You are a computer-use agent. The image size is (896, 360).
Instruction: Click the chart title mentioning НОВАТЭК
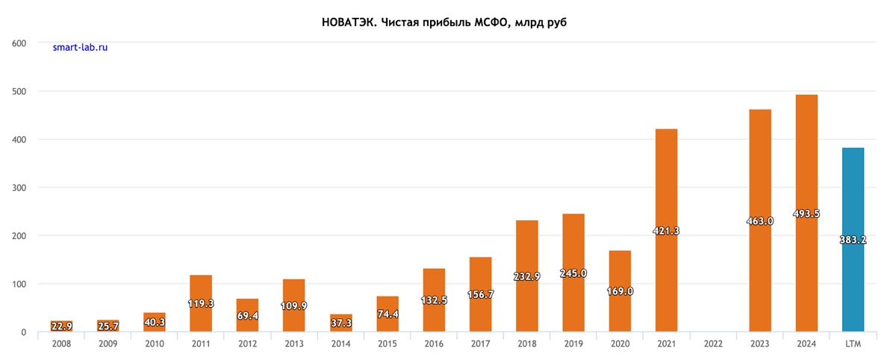444,22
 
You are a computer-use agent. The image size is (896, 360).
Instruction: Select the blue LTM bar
853,239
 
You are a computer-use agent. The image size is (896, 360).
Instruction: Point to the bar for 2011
201,303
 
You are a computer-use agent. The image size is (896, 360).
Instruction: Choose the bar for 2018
527,276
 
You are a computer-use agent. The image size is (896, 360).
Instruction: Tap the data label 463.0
760,221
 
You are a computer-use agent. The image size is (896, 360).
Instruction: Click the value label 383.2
853,240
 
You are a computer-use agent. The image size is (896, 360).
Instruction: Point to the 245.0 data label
573,273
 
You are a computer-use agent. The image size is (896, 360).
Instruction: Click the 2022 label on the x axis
713,344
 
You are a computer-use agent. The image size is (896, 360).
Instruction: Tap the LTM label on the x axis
853,344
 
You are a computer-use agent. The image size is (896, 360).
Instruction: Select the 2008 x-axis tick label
61,344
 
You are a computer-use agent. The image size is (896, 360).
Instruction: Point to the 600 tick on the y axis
20,43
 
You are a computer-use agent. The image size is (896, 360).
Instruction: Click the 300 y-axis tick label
20,187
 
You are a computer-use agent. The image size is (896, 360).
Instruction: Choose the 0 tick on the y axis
24,332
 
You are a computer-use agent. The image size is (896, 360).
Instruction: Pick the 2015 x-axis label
387,344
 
